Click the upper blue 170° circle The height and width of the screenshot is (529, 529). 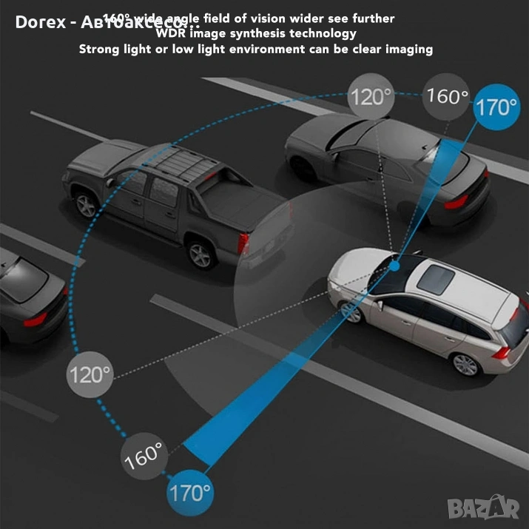tap(496, 108)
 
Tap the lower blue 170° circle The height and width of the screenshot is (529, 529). tap(190, 491)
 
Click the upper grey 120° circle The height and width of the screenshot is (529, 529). tap(371, 96)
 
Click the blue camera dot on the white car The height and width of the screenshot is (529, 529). tap(396, 264)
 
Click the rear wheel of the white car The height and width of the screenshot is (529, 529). tap(465, 363)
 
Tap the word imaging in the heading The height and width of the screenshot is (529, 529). tap(405, 49)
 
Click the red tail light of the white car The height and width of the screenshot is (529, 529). tap(502, 351)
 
